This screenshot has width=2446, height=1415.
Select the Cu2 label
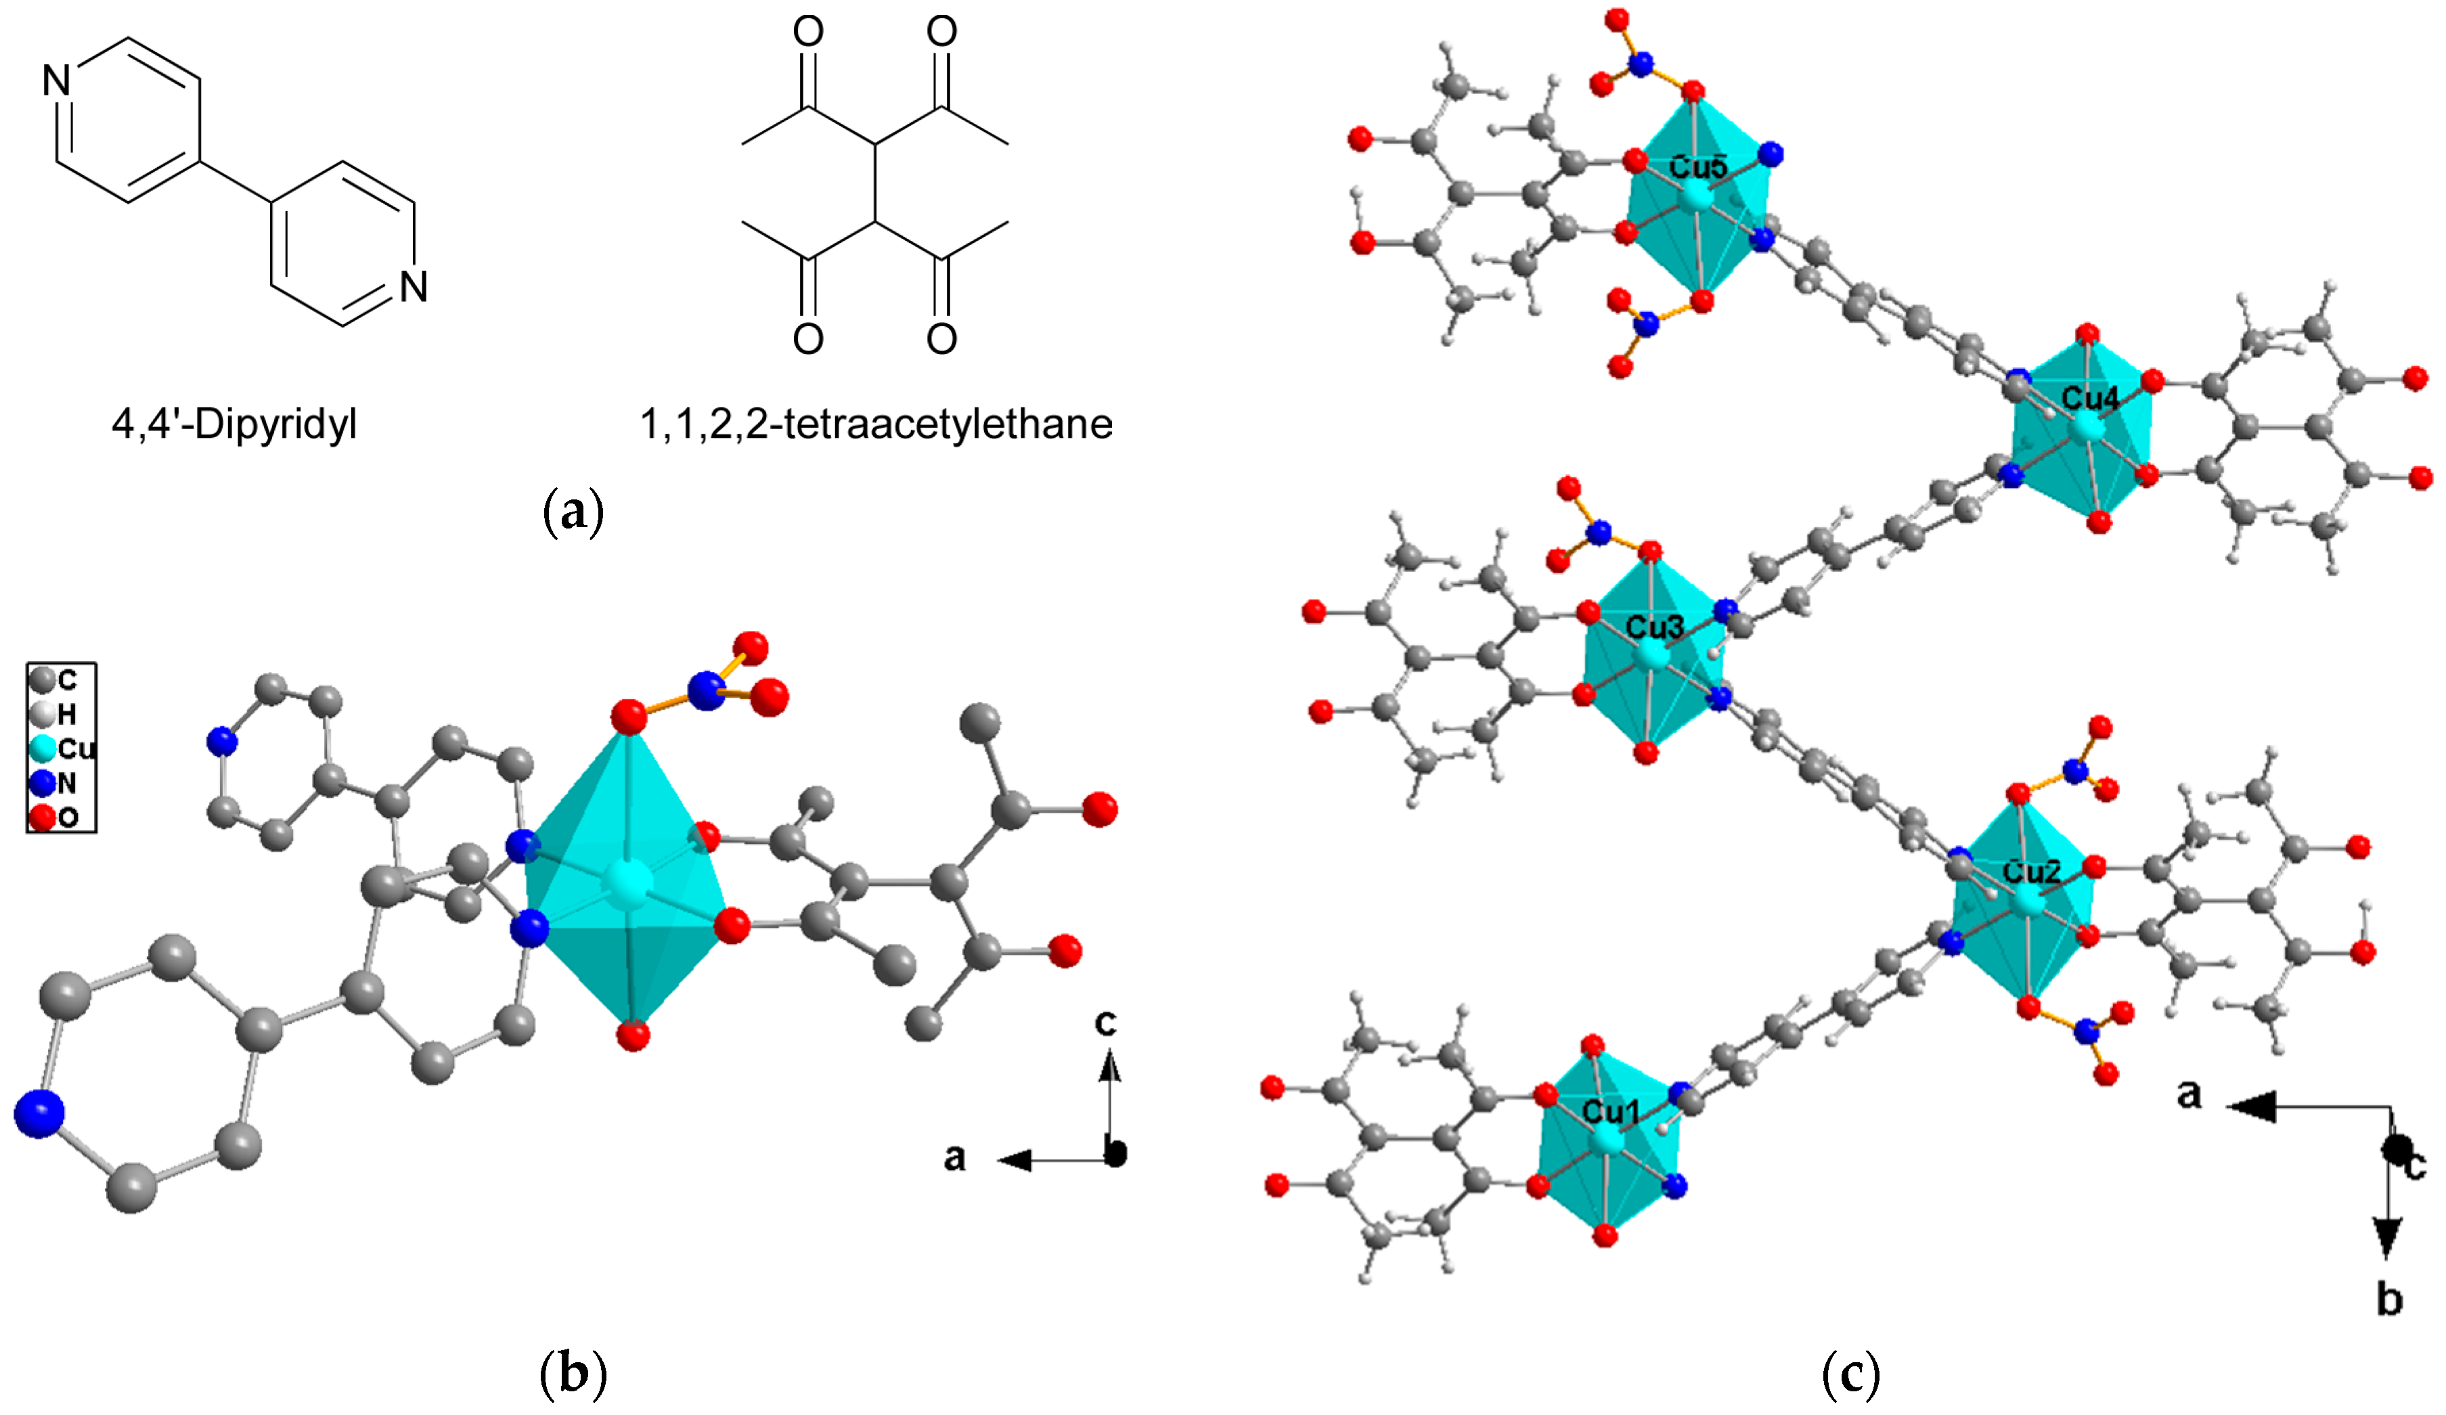click(2030, 872)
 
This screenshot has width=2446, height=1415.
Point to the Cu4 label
click(2090, 398)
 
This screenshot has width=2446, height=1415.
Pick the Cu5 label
click(1699, 167)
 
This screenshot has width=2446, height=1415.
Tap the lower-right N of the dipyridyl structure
click(414, 286)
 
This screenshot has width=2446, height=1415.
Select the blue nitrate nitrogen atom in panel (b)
click(706, 691)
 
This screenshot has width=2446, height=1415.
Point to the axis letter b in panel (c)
click(2388, 1299)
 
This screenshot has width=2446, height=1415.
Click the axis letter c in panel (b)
click(1105, 1022)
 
